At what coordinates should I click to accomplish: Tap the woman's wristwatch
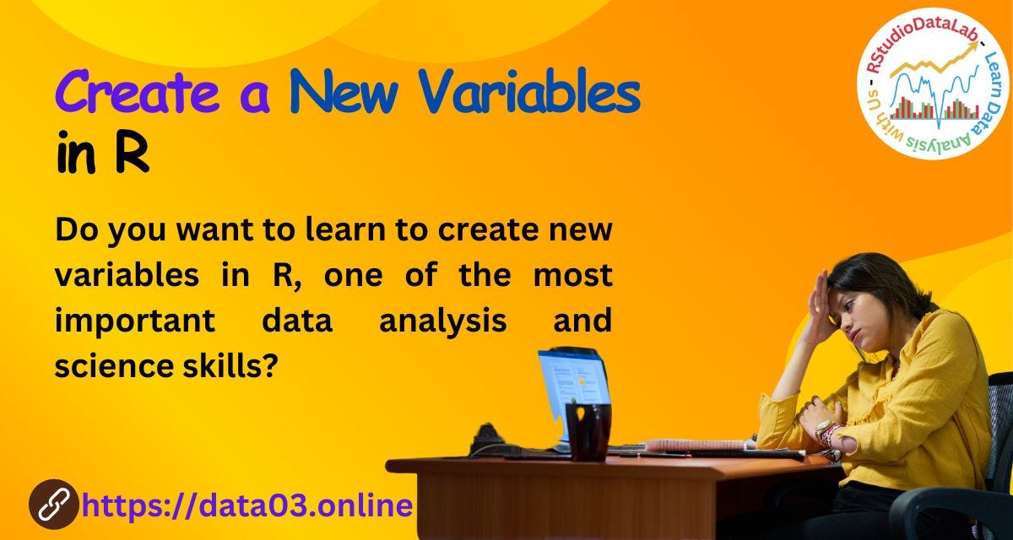pos(824,429)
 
